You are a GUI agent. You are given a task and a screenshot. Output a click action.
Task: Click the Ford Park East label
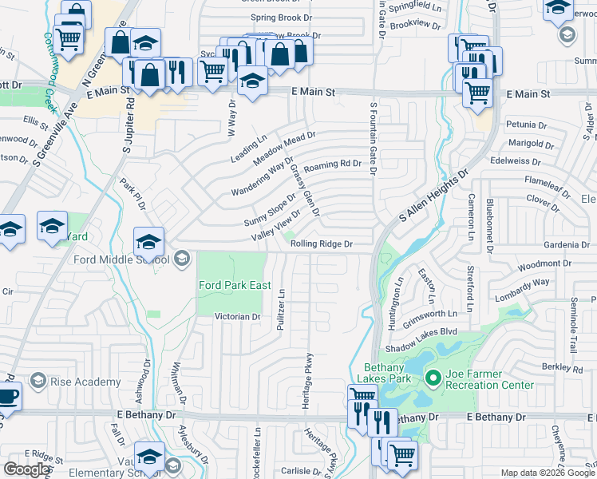point(235,285)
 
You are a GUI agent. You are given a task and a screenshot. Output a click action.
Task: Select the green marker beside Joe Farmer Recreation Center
point(433,377)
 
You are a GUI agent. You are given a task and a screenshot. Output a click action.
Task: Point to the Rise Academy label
point(85,382)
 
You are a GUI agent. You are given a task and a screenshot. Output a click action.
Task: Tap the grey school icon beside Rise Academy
point(40,382)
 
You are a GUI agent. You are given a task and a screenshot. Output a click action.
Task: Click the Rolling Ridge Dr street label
point(322,244)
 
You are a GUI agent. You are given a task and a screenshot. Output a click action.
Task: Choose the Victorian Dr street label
point(238,317)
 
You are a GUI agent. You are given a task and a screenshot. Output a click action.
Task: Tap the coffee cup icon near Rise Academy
point(7,396)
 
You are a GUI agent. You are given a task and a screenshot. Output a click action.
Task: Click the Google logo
point(27,469)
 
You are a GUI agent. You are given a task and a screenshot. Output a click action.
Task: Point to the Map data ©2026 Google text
point(545,473)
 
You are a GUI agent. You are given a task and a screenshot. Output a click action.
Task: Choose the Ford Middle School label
point(121,259)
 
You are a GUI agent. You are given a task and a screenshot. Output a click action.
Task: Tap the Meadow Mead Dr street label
point(285,148)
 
